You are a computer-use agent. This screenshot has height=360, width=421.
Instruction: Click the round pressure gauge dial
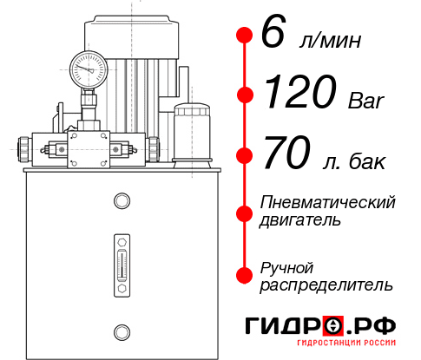coord(89,66)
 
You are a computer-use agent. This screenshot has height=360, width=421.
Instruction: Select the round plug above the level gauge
coord(121,201)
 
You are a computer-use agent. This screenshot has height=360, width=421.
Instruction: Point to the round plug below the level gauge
coord(121,330)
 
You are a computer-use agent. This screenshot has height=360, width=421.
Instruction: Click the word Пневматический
coord(328,202)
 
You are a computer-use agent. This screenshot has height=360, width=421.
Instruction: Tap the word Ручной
coord(286,266)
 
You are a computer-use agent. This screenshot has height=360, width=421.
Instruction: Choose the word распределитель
coord(326,284)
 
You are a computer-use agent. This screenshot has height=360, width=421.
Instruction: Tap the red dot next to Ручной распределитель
coord(246,274)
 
